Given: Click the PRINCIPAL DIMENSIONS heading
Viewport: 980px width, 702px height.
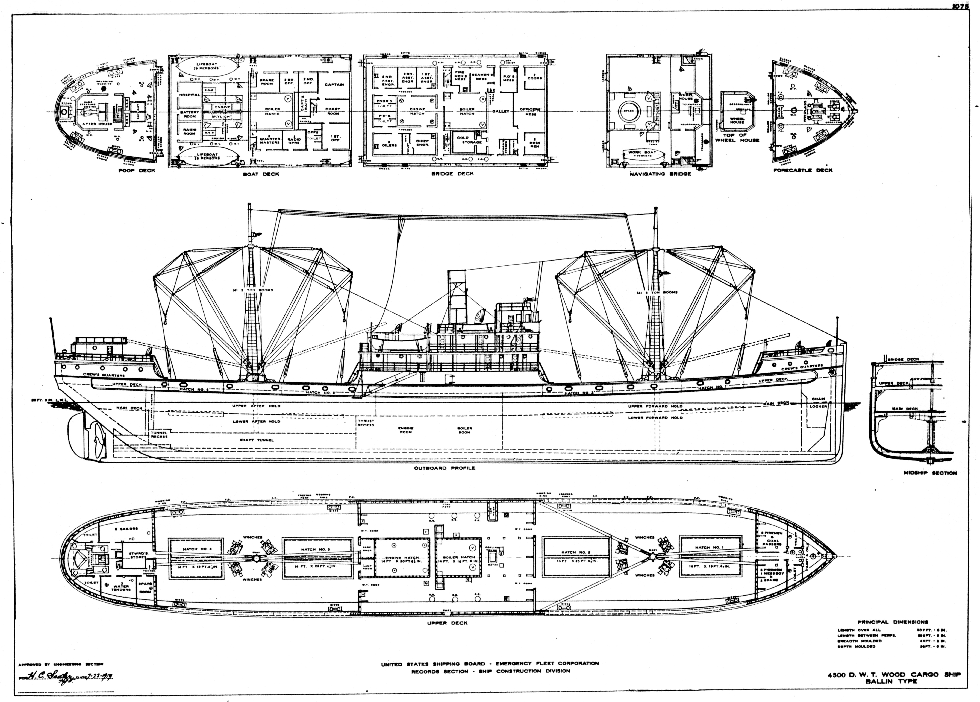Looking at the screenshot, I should [x=893, y=622].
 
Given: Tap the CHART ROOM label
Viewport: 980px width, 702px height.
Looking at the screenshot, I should [x=333, y=111].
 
